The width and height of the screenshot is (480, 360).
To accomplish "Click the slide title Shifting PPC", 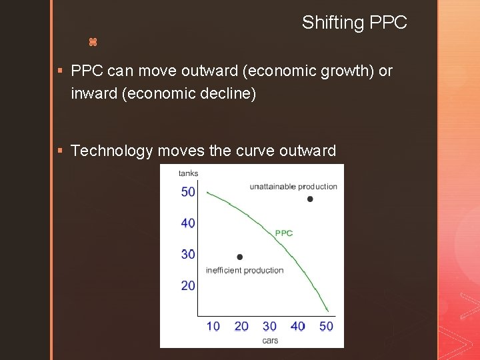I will point(354,23).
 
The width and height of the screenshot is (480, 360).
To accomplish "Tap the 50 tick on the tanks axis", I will point(188,192).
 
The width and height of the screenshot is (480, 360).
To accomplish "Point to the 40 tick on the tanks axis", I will point(188,223).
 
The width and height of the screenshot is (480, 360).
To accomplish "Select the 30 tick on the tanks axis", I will point(188,254).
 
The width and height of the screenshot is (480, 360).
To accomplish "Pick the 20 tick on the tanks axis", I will point(188,285).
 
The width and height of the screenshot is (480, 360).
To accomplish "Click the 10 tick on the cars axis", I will point(213,326).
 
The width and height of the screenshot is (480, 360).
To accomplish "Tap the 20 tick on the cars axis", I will point(241,326).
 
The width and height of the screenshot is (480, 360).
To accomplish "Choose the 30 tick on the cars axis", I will point(269,326).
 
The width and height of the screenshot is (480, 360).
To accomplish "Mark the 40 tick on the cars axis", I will point(297,326).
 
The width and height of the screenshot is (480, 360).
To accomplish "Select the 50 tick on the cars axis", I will point(326,326).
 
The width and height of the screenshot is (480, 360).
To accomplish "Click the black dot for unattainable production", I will point(310,199).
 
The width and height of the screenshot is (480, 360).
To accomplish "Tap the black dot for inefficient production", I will point(240,257).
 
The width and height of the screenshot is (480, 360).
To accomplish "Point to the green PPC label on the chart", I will point(284,233).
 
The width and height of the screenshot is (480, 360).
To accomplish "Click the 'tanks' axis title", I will point(188,173).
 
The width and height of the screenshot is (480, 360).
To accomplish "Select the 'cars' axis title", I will point(270,340).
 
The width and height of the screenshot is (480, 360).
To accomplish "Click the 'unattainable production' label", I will point(293,187).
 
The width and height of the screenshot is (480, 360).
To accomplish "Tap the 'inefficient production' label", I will point(245,271).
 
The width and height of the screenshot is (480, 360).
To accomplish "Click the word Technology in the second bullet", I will point(111,151).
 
